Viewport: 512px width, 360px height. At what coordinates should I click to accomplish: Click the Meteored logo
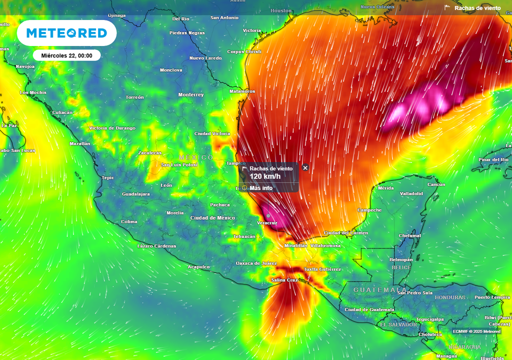pos(66,33)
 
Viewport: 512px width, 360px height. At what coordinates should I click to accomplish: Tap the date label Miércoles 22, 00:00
pos(67,55)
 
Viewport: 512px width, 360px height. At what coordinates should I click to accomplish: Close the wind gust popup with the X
pos(305,168)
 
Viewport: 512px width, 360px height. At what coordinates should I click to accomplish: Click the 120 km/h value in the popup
pos(265,176)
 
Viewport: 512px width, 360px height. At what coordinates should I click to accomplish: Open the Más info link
pos(261,188)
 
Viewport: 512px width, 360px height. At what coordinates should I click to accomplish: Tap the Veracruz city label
pos(266,222)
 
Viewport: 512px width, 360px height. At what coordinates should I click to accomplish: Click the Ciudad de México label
pos(212,218)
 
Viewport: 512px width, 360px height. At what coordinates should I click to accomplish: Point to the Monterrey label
pos(191,94)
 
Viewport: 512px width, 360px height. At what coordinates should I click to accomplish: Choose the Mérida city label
pos(385,188)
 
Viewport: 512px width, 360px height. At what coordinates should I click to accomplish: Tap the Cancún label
pos(436,184)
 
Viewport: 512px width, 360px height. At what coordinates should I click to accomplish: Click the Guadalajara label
pos(136,194)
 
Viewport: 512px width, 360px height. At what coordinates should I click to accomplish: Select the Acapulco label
pos(198,267)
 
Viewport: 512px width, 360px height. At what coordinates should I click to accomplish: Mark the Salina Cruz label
pos(284,280)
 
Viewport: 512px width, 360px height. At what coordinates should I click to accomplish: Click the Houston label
pos(281,10)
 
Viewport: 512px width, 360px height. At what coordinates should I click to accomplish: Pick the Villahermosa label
pos(325,246)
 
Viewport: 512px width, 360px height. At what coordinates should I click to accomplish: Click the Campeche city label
pos(370,210)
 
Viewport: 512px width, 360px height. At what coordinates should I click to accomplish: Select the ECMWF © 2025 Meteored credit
pos(476,331)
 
